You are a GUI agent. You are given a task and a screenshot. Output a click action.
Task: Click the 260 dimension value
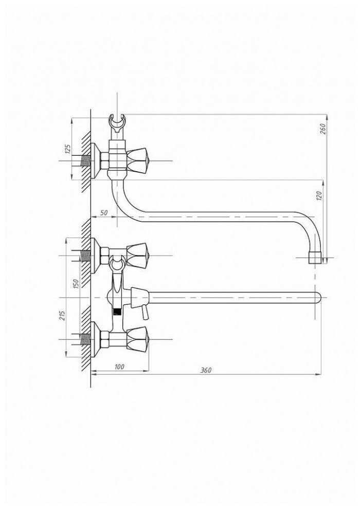[323, 128]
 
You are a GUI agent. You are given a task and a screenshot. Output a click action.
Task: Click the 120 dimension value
[318, 195]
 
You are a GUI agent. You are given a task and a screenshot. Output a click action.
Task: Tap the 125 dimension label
[67, 149]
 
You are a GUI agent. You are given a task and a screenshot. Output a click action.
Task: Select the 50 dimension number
[104, 212]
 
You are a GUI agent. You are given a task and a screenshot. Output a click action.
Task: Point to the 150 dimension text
[75, 283]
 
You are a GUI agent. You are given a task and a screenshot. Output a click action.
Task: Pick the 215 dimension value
[63, 315]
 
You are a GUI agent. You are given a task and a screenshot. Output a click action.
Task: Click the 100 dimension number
[119, 367]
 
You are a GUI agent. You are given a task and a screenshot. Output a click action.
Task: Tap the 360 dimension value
[206, 370]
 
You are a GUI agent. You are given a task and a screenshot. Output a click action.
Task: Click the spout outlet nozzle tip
[315, 258]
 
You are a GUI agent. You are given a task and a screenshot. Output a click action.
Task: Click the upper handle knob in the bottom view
[138, 254]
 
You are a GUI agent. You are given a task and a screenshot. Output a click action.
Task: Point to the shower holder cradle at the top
[117, 122]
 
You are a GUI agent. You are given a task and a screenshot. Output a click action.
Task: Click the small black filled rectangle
[117, 312]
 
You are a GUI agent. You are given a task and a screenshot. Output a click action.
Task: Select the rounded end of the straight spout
[317, 298]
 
